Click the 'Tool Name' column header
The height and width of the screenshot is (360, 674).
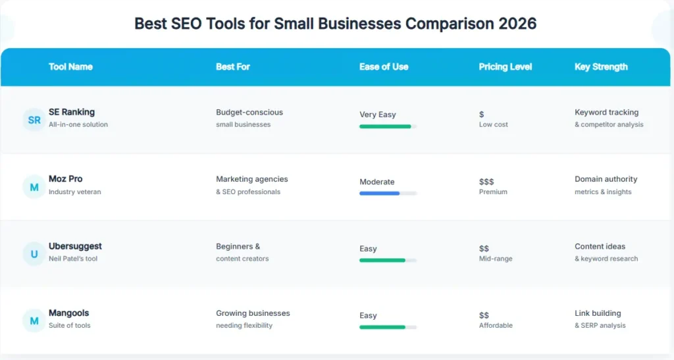coord(70,66)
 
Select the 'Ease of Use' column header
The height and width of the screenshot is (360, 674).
coord(384,66)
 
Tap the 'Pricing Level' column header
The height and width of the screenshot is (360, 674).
coord(505,66)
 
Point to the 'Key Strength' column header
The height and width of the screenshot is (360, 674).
coord(601,66)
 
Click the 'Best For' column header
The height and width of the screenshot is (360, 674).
coord(233,66)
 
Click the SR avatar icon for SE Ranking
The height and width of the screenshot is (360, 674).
coord(34,120)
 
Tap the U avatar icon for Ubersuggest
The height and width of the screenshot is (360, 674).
coord(34,253)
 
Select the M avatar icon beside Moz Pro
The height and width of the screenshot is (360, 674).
coord(34,187)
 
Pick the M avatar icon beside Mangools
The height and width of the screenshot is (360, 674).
coord(34,321)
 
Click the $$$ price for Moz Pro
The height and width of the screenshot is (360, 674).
coord(486,182)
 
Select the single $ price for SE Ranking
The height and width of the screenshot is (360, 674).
coord(482,115)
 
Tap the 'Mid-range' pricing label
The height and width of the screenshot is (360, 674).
coord(496,259)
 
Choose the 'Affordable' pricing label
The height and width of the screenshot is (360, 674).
coord(496,325)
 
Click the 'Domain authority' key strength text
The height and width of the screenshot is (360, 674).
coord(606,179)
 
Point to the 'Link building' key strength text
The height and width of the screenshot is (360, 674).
coord(598,313)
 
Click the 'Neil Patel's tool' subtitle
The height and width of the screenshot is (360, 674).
coord(73,259)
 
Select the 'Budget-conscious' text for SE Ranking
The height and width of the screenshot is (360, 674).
coord(249,113)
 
